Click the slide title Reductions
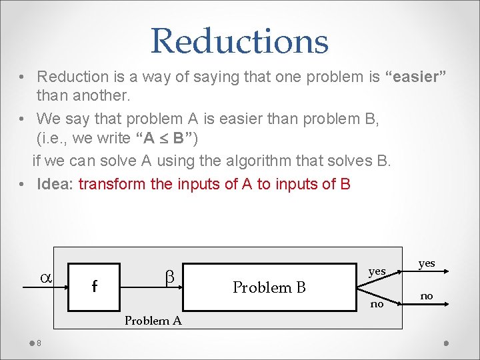click(x=239, y=41)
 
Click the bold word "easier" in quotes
click(x=415, y=77)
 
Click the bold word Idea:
click(x=56, y=183)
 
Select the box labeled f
click(x=94, y=287)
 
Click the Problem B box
click(x=269, y=287)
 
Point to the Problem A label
click(x=153, y=321)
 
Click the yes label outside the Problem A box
click(x=427, y=263)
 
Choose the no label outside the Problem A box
click(x=427, y=295)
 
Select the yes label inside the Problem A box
click(x=377, y=271)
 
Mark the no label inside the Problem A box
click(x=377, y=304)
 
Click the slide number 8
click(x=39, y=343)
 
